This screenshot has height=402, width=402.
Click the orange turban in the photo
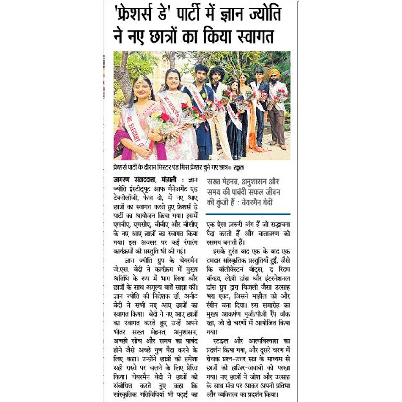[x=274, y=73]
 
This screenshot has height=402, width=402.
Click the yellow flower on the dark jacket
[x=204, y=95]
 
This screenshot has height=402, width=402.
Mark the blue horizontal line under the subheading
[x=248, y=214]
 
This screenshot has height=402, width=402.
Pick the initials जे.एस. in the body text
[x=121, y=269]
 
